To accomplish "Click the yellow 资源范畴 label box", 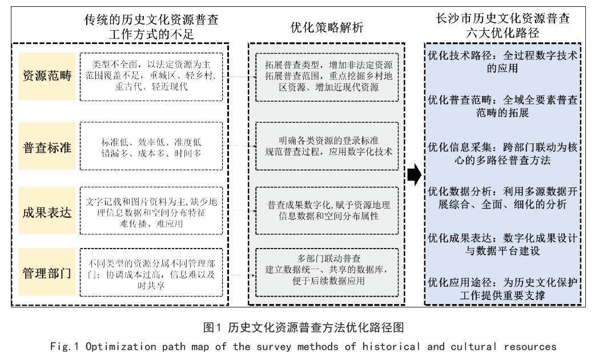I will click(x=47, y=76).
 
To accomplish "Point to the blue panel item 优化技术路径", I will click(x=502, y=62).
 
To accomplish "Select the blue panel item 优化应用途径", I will click(x=502, y=289).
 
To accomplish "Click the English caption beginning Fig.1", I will click(x=299, y=347).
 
